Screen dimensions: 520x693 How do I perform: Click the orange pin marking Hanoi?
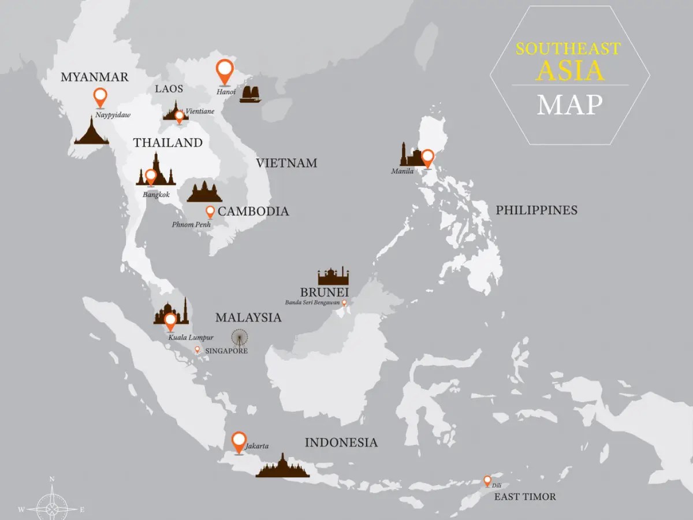click(224, 70)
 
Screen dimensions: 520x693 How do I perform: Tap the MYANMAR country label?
click(94, 77)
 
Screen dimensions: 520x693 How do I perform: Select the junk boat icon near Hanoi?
click(251, 94)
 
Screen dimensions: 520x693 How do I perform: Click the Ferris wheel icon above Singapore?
click(239, 337)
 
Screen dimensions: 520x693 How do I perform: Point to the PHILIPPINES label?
click(536, 210)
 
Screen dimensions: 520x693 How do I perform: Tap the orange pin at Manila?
click(427, 157)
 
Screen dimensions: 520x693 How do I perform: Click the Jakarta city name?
click(258, 445)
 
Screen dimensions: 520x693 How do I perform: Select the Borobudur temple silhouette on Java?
click(282, 467)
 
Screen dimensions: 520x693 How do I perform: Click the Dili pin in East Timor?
click(487, 480)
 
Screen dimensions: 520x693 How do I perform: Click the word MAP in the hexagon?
click(569, 105)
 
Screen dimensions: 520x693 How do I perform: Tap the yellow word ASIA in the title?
click(569, 70)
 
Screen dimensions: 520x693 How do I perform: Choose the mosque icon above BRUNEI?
click(333, 277)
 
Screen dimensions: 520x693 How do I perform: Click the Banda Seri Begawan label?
click(312, 302)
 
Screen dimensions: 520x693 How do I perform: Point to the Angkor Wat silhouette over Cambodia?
click(204, 192)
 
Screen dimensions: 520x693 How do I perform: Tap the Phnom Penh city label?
click(191, 224)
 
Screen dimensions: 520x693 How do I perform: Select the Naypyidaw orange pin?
click(100, 96)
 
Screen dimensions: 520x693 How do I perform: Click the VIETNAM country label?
click(286, 163)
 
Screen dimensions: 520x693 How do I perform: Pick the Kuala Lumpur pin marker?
click(170, 321)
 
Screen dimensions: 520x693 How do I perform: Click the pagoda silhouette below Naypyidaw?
click(91, 131)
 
